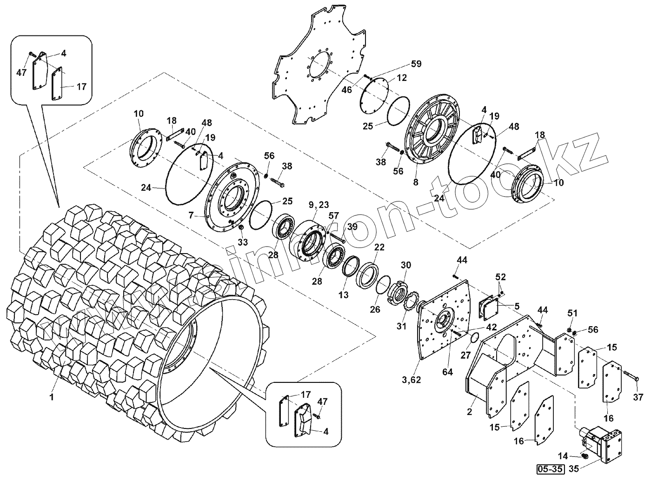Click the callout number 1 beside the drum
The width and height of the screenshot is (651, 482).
click(x=52, y=397)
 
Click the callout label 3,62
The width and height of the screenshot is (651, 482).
click(x=411, y=380)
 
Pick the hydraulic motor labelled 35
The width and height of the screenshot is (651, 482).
click(x=600, y=442)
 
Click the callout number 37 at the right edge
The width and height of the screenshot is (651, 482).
click(x=638, y=397)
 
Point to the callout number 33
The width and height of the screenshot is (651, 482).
click(x=243, y=242)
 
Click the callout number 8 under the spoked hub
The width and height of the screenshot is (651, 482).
click(x=415, y=183)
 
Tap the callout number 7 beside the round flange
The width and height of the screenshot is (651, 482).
click(x=190, y=215)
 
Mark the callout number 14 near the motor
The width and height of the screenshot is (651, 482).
click(x=563, y=456)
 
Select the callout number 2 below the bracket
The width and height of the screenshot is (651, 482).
click(x=469, y=412)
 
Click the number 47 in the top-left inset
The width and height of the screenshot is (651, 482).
click(x=21, y=73)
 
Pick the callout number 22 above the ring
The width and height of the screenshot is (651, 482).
click(x=379, y=247)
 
